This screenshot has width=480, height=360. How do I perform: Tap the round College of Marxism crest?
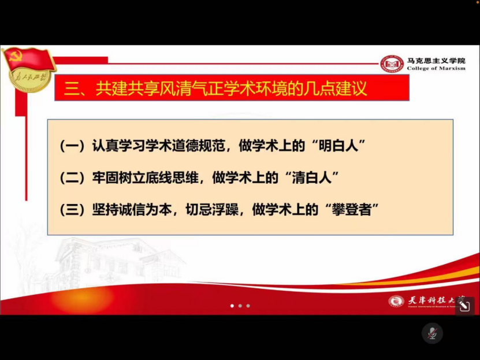[392, 64]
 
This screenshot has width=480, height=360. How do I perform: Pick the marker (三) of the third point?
[72, 209]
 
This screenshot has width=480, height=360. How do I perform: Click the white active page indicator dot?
[232, 306]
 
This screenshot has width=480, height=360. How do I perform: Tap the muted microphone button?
[431, 333]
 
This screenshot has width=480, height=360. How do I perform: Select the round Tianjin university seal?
[396, 301]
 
